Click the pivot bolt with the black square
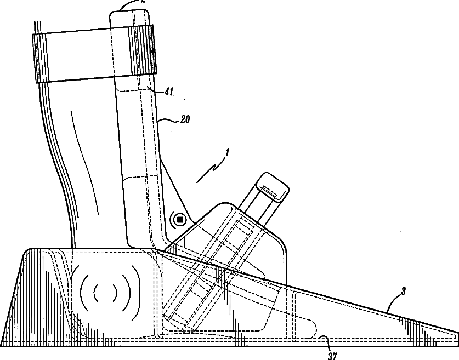click(x=179, y=220)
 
